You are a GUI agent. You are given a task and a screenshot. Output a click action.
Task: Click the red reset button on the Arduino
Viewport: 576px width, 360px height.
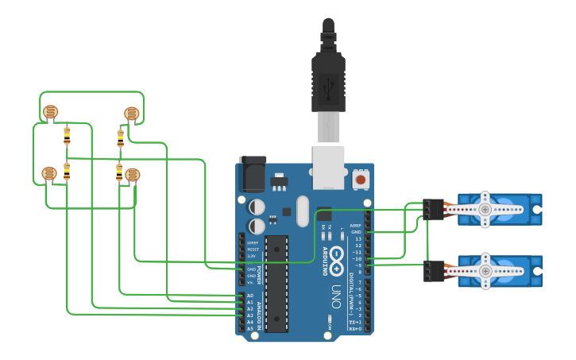pos(361,180)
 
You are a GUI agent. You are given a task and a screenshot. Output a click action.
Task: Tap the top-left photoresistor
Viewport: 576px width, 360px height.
pos(50,112)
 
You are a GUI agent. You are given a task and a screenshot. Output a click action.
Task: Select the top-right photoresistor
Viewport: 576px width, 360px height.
pos(132,114)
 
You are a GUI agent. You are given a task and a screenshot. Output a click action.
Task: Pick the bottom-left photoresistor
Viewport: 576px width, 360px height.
pos(48,173)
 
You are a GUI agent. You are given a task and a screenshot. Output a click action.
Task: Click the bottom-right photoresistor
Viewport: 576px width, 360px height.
pos(132,175)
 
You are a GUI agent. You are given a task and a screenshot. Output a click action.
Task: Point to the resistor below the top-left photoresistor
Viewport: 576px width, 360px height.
pos(67,136)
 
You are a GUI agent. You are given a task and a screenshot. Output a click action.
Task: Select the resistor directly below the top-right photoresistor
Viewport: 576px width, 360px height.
pos(121,138)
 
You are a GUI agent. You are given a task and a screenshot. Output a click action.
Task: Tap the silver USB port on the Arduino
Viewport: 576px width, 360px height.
pos(328,167)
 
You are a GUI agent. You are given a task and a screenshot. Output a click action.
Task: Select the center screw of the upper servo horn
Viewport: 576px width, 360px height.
pos(485,209)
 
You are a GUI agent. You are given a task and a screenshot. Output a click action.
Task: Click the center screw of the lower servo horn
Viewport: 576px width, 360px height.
pos(485,270)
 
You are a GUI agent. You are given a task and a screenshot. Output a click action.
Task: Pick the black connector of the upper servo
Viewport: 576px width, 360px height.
pos(434,209)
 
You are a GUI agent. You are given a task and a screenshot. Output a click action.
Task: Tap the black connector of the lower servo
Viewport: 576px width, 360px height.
pos(434,270)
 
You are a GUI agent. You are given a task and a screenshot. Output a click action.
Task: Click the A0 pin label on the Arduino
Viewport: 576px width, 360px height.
pos(250,296)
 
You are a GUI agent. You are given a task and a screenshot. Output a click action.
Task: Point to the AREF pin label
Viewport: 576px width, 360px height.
pos(356,226)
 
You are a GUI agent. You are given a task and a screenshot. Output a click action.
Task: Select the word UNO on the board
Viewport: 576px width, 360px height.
pos(337,296)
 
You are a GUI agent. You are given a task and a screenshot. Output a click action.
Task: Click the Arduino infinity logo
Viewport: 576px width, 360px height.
pos(337,256)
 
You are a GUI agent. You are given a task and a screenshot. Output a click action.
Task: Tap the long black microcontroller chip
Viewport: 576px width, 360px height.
pos(276,283)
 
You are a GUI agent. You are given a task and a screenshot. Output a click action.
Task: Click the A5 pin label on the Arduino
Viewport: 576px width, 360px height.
pos(250,328)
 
